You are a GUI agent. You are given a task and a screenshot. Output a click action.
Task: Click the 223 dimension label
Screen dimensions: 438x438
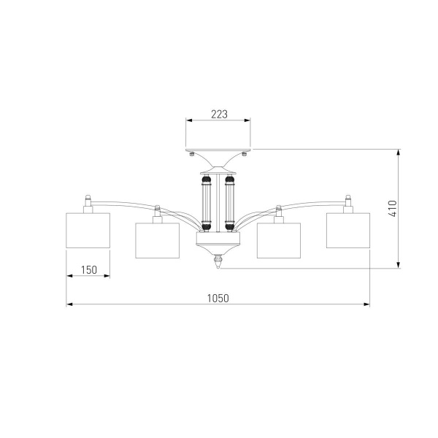coord(219,115)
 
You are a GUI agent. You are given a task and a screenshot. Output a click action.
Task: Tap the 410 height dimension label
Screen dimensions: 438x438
coord(393,208)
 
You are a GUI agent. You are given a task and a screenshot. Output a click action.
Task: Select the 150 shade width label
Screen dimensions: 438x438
coord(89,270)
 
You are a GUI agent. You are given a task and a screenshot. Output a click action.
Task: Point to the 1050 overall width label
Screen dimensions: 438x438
coord(218,299)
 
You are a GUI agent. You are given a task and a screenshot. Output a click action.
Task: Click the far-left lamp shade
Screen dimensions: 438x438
coord(88,231)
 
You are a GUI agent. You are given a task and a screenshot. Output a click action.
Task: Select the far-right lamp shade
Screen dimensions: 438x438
coord(348,231)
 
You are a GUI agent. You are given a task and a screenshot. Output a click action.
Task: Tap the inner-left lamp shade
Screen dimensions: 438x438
coord(157,240)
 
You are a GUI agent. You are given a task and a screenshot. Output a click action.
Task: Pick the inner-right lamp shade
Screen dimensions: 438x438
coord(279,240)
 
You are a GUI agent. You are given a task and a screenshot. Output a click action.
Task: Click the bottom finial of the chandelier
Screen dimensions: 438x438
coord(218,261)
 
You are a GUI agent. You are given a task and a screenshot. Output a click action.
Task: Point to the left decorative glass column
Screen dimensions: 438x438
coord(207,203)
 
